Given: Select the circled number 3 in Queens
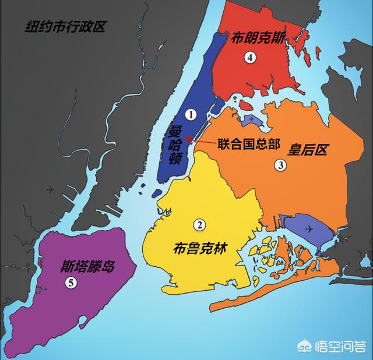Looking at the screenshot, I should tap(280, 165).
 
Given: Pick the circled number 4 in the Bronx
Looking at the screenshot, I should tap(251, 57).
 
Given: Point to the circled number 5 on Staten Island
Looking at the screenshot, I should tap(71, 283).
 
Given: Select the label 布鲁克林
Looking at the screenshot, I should tap(199, 248).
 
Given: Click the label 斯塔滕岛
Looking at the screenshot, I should tap(87, 267).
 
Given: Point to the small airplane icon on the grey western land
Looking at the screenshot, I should tap(51, 189).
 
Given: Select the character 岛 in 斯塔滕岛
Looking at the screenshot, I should tap(108, 267).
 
